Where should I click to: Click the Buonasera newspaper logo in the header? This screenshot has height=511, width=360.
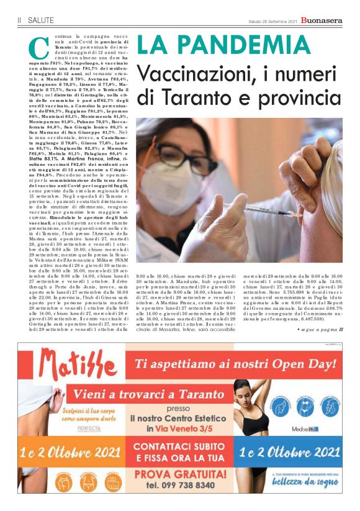coord(322,20)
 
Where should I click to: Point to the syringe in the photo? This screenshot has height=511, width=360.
coord(248,211)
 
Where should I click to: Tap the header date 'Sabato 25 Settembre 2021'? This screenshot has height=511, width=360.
coord(271,20)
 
